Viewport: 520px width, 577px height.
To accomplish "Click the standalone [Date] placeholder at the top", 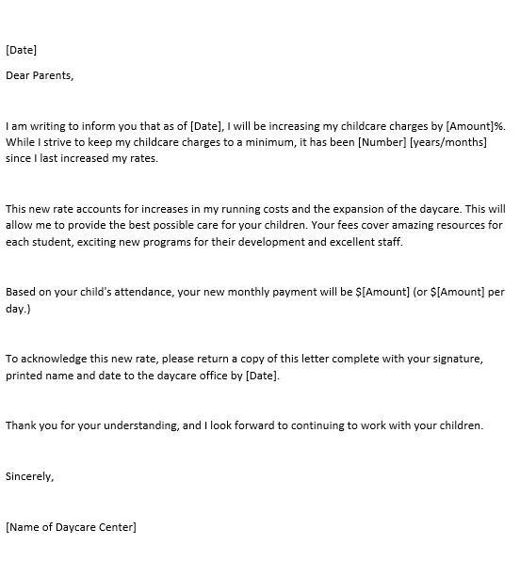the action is pos(21,50).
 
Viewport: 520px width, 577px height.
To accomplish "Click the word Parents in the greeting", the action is pos(52,75).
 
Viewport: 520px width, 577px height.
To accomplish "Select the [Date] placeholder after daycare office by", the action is pos(262,376).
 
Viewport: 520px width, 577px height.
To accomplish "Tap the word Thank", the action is pos(22,425).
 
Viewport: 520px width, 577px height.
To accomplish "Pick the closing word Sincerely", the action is pos(29,476).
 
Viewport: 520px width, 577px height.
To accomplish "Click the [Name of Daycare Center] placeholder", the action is pos(71,527).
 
